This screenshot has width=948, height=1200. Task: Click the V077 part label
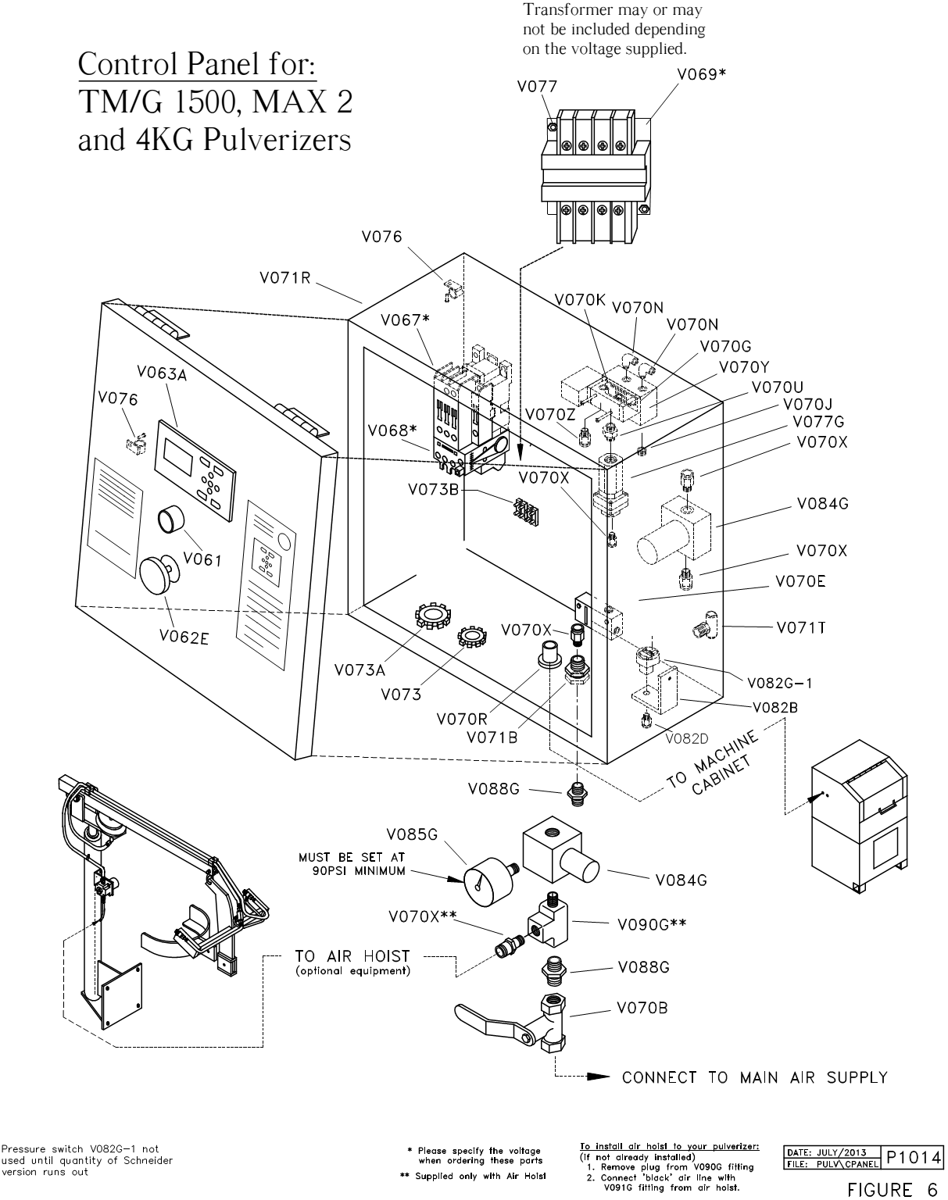pyautogui.click(x=537, y=87)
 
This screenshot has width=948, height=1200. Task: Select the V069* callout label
pyautogui.click(x=701, y=74)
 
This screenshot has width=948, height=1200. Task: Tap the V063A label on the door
pyautogui.click(x=162, y=373)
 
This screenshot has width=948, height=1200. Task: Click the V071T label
pyautogui.click(x=801, y=628)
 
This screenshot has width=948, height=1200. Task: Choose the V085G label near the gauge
pyautogui.click(x=413, y=834)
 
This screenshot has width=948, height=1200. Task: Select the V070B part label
pyautogui.click(x=642, y=1008)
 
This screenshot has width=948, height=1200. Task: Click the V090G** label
pyautogui.click(x=652, y=924)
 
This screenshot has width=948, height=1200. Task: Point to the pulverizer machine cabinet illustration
pyautogui.click(x=859, y=817)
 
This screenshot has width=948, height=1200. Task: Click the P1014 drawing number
pyautogui.click(x=914, y=1158)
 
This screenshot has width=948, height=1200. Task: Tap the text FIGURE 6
pyautogui.click(x=893, y=1189)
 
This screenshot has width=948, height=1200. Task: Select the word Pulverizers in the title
pyautogui.click(x=277, y=139)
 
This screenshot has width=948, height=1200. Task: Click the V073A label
pyautogui.click(x=360, y=670)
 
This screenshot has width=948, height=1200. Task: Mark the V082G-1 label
pyautogui.click(x=780, y=683)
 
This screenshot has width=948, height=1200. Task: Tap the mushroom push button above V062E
pyautogui.click(x=160, y=575)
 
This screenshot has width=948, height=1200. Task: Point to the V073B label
pyautogui.click(x=433, y=489)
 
